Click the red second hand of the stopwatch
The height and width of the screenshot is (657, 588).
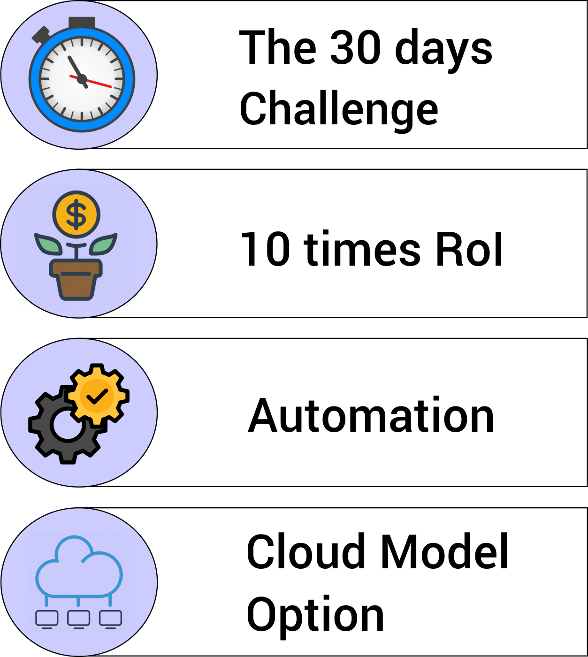point(91,81)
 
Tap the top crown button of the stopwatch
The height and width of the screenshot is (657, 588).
point(82,23)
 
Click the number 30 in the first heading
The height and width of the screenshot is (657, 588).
point(355,46)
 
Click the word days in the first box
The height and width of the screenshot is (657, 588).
point(443,50)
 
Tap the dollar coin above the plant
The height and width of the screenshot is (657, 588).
point(76,214)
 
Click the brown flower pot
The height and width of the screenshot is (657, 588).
point(76,279)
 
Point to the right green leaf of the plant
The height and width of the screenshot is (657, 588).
point(103,244)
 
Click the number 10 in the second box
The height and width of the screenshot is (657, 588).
point(266,249)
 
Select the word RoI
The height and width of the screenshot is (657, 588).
point(469,249)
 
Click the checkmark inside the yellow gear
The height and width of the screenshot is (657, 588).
point(97,396)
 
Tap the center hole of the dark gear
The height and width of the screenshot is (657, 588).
point(68,425)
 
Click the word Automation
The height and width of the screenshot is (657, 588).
point(371,415)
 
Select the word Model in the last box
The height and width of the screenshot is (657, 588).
point(444,551)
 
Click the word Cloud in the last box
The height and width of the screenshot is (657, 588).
point(306,551)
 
